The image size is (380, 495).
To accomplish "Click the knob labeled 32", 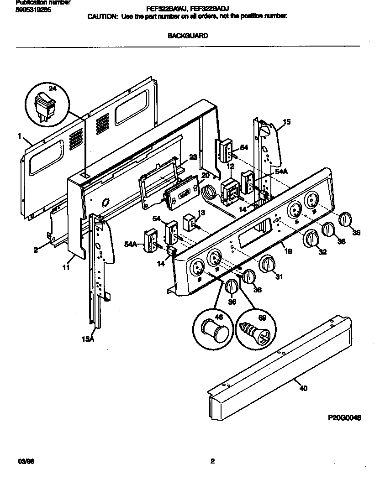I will [x=311, y=240].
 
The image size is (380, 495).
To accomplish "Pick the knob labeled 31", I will [x=268, y=264].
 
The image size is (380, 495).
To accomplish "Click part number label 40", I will [x=303, y=388].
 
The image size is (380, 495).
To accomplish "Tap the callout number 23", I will [x=193, y=157].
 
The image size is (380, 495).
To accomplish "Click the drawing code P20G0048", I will [x=344, y=417].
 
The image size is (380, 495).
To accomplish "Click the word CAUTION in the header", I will [x=103, y=16].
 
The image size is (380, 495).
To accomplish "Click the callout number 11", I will [x=67, y=268].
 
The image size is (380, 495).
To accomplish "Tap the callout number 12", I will [x=231, y=167].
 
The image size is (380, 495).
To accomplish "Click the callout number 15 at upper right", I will [x=287, y=122].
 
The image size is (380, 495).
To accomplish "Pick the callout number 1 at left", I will [x=20, y=135].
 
